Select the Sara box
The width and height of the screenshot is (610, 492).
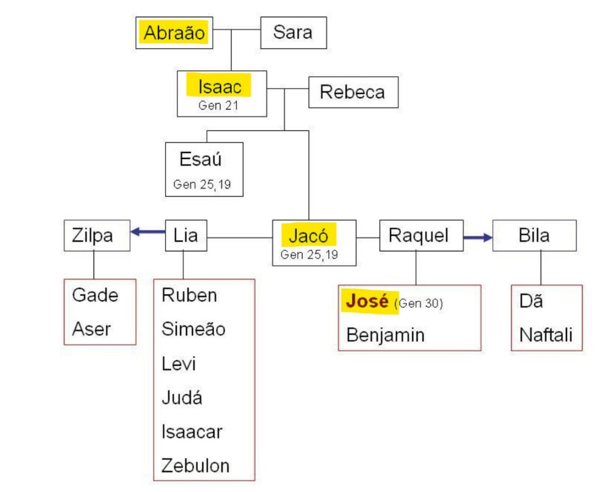click(293, 33)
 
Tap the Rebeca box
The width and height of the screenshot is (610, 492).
click(353, 92)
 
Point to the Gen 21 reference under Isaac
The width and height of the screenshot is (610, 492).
click(218, 107)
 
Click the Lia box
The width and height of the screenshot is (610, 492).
click(186, 236)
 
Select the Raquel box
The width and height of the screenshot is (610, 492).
click(418, 236)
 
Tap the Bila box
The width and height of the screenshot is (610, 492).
click(534, 236)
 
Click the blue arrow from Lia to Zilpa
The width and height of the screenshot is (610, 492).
click(148, 232)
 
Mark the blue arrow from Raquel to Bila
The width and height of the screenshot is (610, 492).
click(478, 238)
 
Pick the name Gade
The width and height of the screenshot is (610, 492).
click(95, 295)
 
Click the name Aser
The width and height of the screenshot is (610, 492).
click(92, 329)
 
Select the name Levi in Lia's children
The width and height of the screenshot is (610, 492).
click(179, 363)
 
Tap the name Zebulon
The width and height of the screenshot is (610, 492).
click(195, 465)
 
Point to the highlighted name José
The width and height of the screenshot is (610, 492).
click(367, 301)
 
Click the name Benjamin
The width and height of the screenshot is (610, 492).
click(385, 335)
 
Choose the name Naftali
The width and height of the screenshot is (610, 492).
click(546, 335)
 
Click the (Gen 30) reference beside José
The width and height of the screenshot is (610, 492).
click(419, 303)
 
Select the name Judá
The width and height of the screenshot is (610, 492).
click(182, 397)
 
